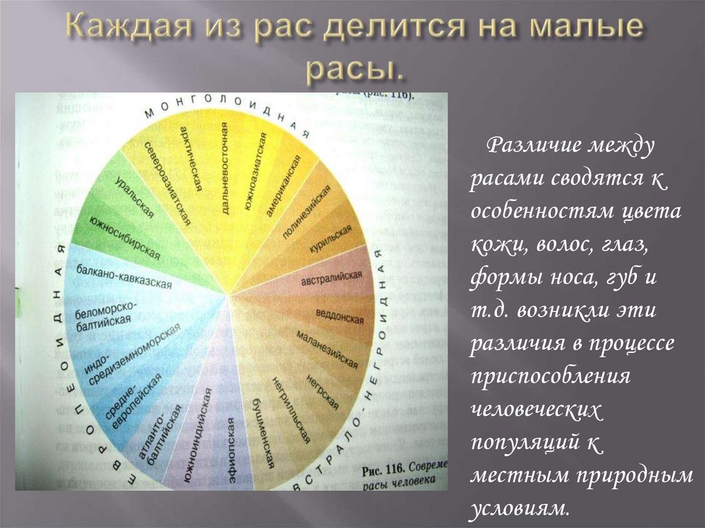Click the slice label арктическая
(x=190, y=158)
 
